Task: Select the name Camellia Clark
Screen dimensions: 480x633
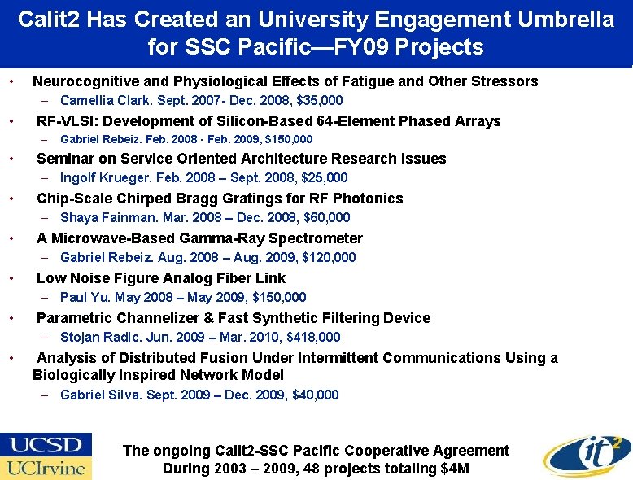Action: pos(100,101)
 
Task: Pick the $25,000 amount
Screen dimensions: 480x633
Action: pos(324,177)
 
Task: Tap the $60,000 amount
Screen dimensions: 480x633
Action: pos(325,217)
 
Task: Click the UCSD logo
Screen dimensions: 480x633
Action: pos(46,444)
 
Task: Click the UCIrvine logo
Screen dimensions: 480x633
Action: pos(46,469)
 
